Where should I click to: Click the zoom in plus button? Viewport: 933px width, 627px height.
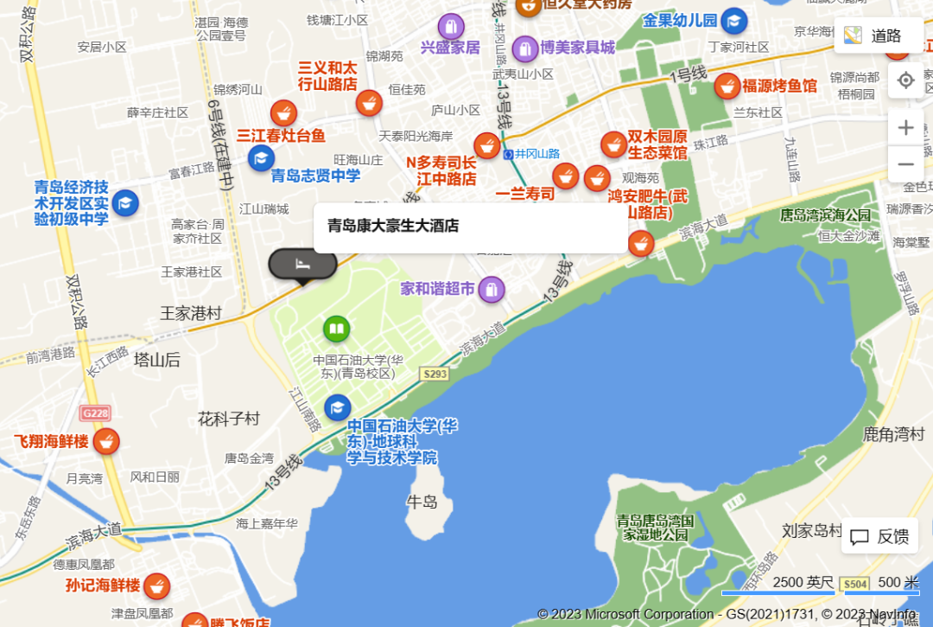(x=905, y=128)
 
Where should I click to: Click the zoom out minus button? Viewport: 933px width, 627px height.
(x=905, y=164)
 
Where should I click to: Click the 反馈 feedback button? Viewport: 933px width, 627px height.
(x=880, y=536)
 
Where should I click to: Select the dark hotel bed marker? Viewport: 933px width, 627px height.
(x=301, y=263)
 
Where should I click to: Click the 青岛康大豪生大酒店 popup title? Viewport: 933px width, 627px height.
(x=393, y=227)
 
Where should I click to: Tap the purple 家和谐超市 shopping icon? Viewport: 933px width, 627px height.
(x=492, y=289)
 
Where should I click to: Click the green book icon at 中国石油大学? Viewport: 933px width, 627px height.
(x=336, y=329)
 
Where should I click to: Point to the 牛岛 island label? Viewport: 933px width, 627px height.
(x=422, y=502)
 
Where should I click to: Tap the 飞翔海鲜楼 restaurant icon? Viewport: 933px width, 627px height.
(x=106, y=441)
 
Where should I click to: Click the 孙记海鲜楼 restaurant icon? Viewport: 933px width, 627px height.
(x=156, y=585)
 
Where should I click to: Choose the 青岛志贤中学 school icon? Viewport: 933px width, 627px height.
(x=261, y=158)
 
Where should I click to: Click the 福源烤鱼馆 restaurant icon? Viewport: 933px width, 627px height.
(x=727, y=86)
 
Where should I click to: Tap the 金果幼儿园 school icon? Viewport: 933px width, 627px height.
(x=734, y=21)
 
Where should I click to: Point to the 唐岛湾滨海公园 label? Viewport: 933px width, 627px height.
(x=825, y=214)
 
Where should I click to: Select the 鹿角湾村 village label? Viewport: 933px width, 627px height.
(x=893, y=433)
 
